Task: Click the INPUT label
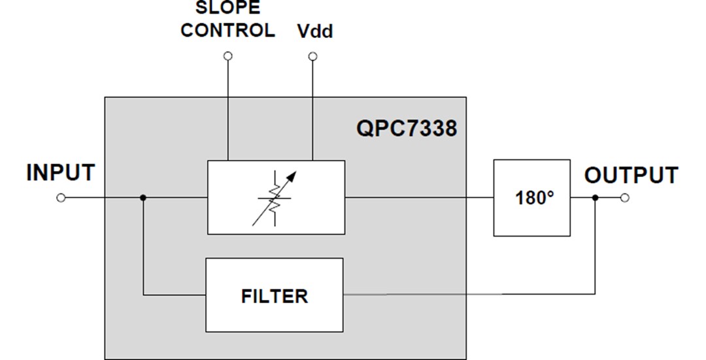pos(60,173)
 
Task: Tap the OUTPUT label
pos(630,176)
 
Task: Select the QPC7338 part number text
pos(406,128)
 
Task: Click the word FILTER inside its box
pos(274,296)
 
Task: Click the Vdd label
pos(315,31)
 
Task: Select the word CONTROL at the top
pos(227,31)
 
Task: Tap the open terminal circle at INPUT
pos(61,198)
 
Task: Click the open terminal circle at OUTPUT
pos(624,198)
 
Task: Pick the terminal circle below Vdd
pos(312,57)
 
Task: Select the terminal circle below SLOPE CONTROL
pos(227,57)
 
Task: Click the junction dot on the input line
pos(143,198)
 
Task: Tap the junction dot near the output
pos(594,198)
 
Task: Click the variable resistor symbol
pos(274,197)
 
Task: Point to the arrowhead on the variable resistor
pos(290,176)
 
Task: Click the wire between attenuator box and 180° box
pos(418,198)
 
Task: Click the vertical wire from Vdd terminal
pos(312,111)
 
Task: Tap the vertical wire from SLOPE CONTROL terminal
pos(227,111)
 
